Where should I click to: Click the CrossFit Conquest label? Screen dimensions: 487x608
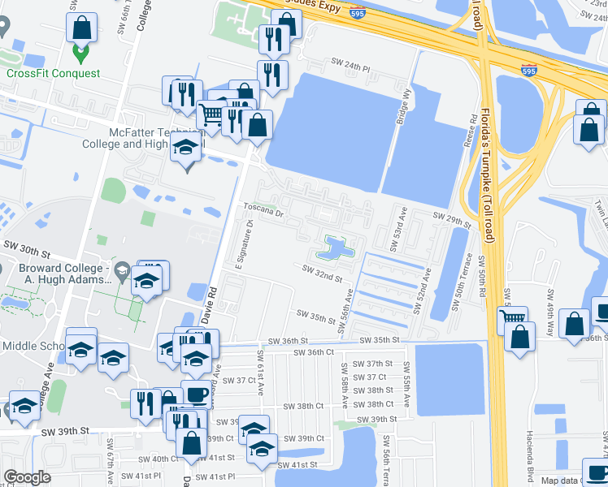pyautogui.click(x=54, y=73)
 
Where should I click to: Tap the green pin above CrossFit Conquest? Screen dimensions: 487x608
pyautogui.click(x=80, y=54)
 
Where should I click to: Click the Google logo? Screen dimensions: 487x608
pyautogui.click(x=27, y=477)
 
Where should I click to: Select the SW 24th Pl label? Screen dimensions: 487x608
pyautogui.click(x=350, y=62)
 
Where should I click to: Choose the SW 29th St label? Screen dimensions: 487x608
pyautogui.click(x=453, y=219)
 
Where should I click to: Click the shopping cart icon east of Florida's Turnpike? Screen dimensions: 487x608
pyautogui.click(x=512, y=318)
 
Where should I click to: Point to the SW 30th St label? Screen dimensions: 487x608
pyautogui.click(x=21, y=244)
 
